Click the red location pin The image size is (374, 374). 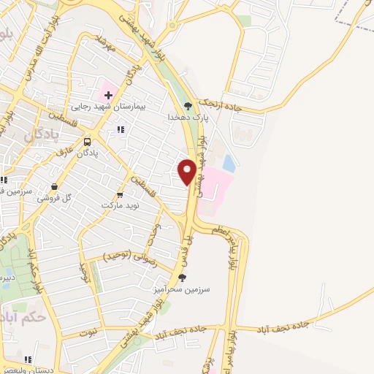click(x=188, y=171)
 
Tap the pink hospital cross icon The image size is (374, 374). click(x=107, y=95)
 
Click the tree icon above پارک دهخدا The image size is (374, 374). click(x=188, y=105)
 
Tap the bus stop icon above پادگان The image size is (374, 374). click(x=88, y=142)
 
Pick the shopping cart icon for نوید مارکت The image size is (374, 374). click(x=121, y=195)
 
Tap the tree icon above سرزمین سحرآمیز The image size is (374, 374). click(x=183, y=277)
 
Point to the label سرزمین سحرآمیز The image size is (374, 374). click(x=187, y=289)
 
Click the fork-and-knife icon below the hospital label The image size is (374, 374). click(x=121, y=129)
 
